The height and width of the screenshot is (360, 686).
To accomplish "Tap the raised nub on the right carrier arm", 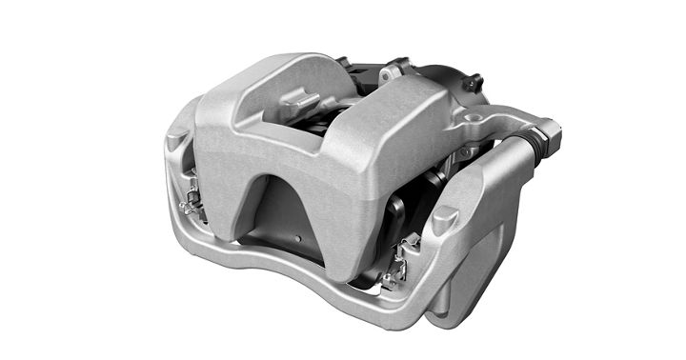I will [x=440, y=219].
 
